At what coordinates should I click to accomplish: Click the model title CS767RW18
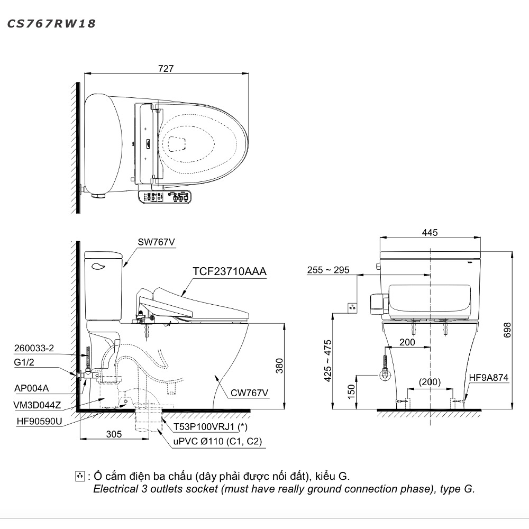[51, 24]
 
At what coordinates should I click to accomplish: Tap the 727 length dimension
[166, 68]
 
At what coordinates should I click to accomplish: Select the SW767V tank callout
[156, 242]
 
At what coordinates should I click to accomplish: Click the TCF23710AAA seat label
[230, 271]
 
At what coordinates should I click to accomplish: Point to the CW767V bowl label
[249, 393]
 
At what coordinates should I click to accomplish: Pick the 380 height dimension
[279, 366]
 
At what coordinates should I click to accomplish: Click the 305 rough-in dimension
[114, 434]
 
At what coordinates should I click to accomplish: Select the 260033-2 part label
[34, 348]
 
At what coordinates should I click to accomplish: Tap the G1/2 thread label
[24, 362]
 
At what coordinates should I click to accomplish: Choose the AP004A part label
[31, 388]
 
